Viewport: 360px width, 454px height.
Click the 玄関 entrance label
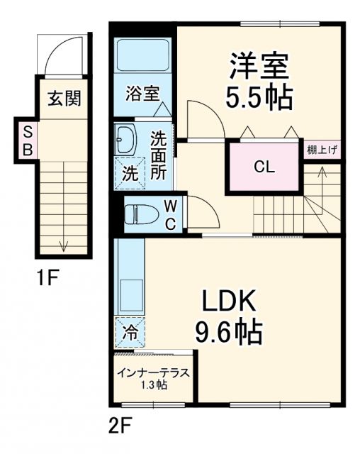63,98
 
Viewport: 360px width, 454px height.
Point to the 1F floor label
47,279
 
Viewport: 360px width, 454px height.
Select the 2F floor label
120,426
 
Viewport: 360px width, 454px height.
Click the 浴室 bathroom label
143,93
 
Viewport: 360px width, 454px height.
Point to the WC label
171,214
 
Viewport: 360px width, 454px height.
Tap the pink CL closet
264,167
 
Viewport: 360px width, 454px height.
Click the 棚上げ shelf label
323,150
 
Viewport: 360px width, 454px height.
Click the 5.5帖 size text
259,98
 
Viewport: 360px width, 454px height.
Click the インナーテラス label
152,373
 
